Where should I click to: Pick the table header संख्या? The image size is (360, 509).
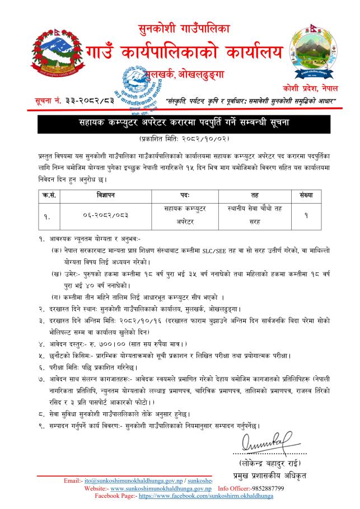305,196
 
